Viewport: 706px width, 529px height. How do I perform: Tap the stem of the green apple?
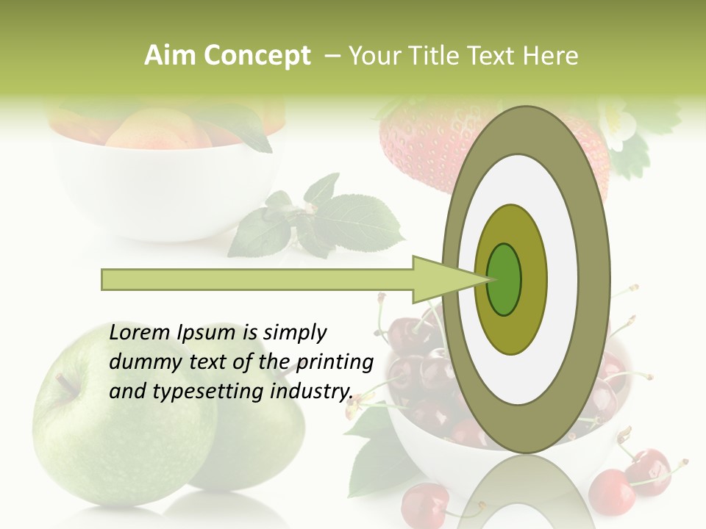pos(66,383)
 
